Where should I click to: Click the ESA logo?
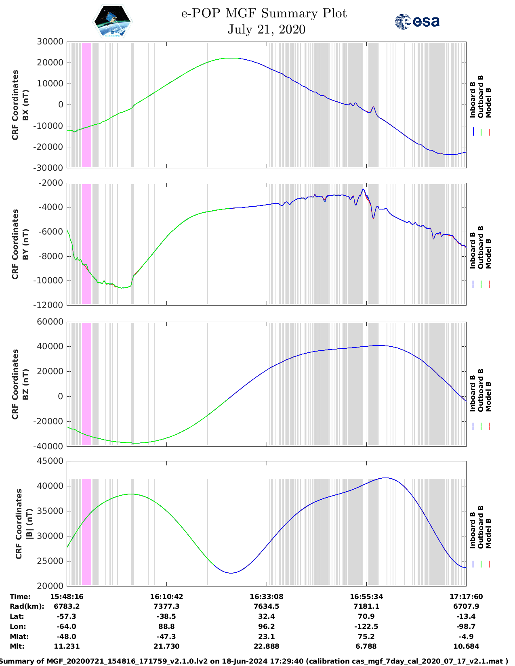click(x=417, y=21)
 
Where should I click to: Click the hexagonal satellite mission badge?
click(x=113, y=21)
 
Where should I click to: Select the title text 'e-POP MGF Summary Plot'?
click(x=264, y=14)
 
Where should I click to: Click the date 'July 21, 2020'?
click(x=266, y=29)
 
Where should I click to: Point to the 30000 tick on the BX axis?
click(x=50, y=42)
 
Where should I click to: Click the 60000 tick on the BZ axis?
click(x=50, y=322)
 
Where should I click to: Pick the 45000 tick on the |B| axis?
click(x=50, y=461)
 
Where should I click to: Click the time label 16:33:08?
click(x=266, y=597)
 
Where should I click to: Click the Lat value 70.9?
click(x=366, y=616)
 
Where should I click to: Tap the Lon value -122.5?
click(x=366, y=626)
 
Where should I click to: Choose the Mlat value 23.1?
click(x=266, y=637)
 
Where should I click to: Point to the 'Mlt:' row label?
click(x=17, y=646)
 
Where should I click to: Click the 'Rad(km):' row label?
click(x=27, y=606)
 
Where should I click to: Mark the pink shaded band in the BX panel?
click(x=86, y=105)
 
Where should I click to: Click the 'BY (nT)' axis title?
click(x=25, y=244)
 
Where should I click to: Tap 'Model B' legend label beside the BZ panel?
click(x=488, y=396)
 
